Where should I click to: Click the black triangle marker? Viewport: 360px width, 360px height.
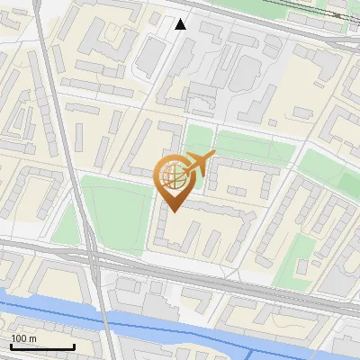[181, 23]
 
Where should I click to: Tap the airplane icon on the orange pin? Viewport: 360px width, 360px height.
[200, 163]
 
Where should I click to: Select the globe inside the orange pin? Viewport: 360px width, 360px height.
[174, 176]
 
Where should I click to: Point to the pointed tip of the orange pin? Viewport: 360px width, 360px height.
[174, 211]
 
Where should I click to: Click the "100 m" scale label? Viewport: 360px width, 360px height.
[23, 338]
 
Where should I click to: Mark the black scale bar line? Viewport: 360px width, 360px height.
[42, 346]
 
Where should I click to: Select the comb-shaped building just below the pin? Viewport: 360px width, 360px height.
[193, 229]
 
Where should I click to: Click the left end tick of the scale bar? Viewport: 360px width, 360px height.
[11, 346]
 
